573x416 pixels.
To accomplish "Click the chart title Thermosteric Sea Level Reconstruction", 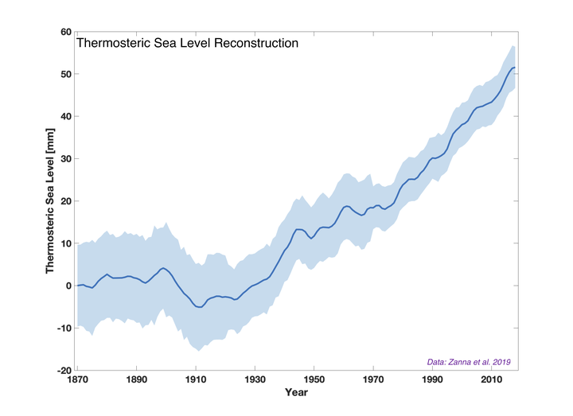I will (187, 43).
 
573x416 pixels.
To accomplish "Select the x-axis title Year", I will (297, 392).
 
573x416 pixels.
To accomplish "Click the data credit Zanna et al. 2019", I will (467, 362).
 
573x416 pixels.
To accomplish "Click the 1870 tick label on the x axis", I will (77, 379).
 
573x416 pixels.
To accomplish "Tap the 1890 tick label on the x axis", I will (136, 379).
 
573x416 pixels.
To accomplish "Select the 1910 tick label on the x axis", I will (196, 379).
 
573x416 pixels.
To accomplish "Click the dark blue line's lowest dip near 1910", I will (199, 307).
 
